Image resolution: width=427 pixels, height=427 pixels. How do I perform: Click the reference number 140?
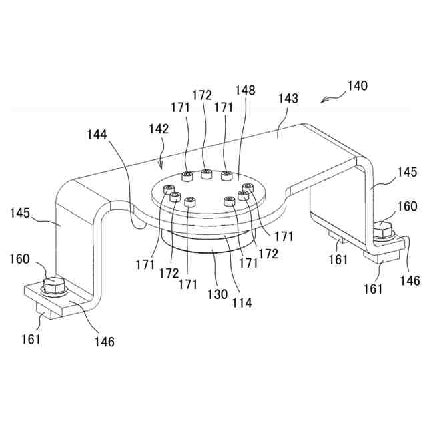357,86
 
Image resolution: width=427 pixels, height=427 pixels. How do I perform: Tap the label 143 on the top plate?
288,98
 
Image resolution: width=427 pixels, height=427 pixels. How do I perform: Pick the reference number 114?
242,302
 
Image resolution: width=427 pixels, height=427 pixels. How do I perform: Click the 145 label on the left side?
19,213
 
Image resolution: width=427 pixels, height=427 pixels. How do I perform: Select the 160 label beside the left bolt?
19,258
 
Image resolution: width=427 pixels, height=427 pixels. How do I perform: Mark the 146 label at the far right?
410,280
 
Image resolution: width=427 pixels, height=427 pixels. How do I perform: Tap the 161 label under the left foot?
31,338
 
